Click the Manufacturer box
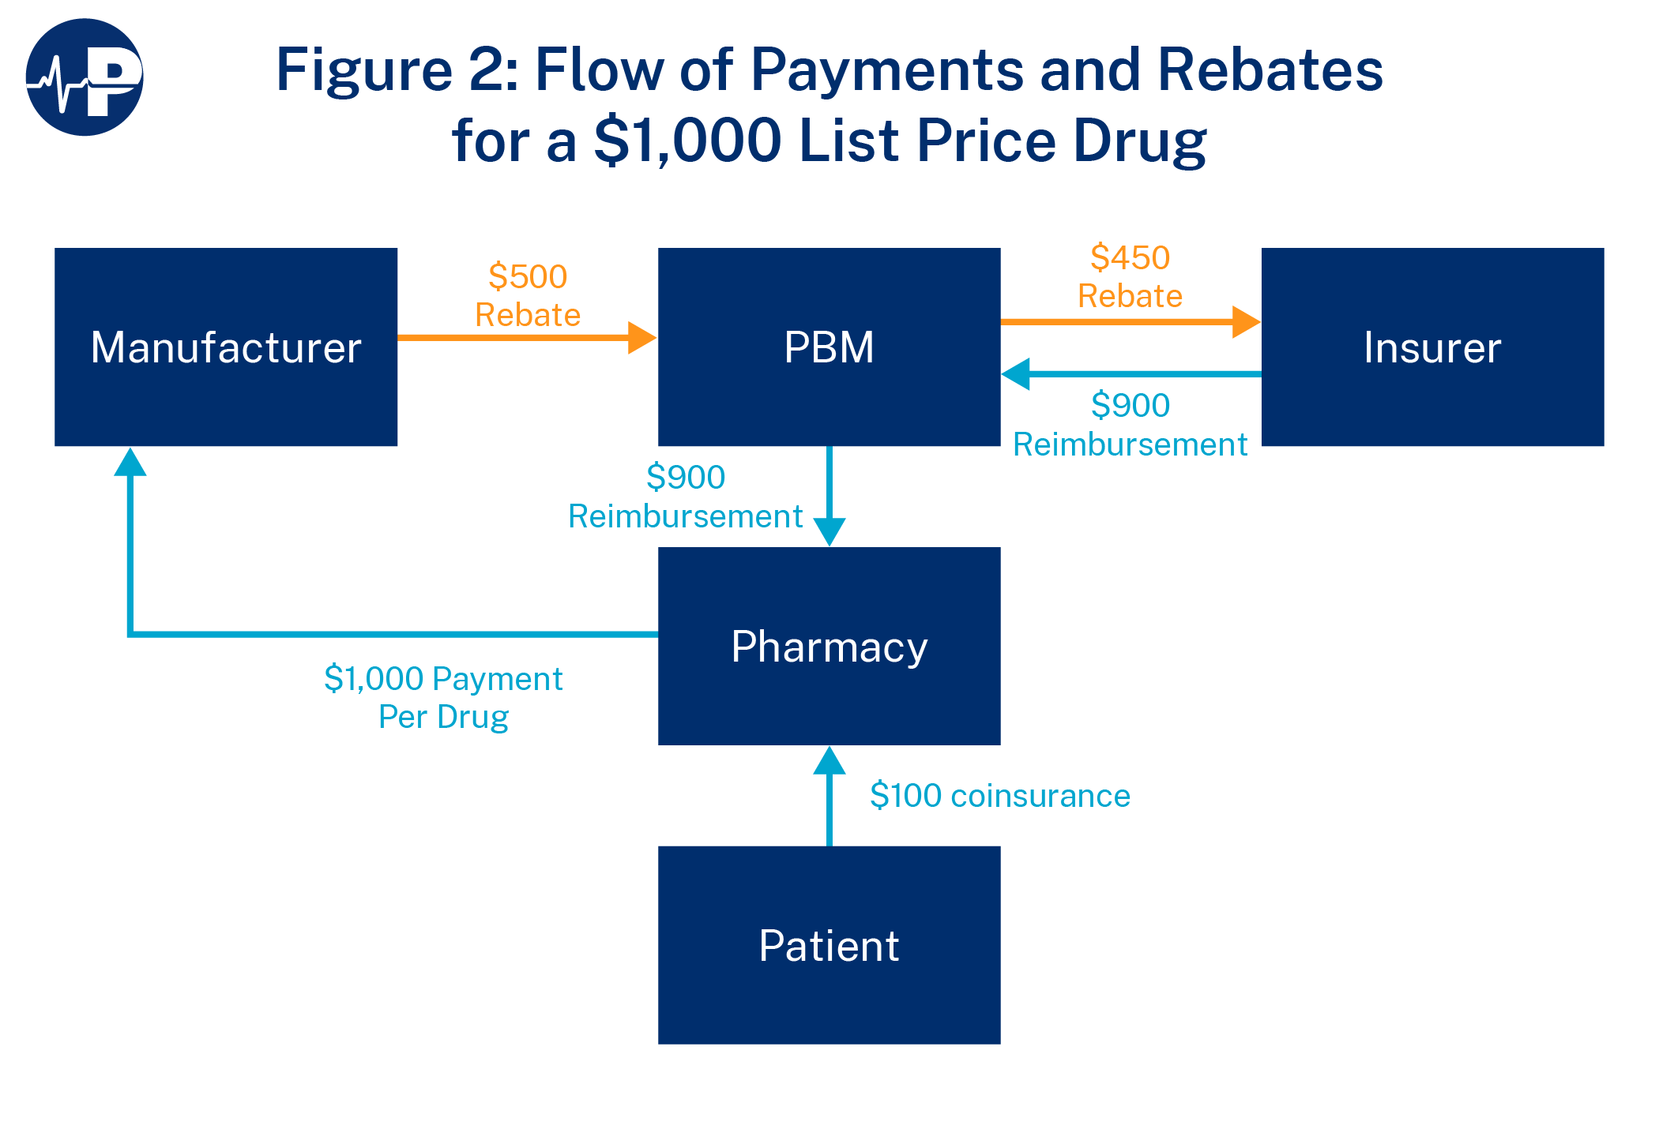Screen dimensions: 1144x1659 226,347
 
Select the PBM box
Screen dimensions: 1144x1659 829,347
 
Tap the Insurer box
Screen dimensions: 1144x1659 1432,347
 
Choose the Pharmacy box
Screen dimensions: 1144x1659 829,646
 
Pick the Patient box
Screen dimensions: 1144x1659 829,945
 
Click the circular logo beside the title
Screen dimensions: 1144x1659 85,77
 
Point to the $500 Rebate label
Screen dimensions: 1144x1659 528,295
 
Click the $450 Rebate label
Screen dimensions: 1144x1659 1130,276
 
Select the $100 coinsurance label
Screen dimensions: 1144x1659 999,795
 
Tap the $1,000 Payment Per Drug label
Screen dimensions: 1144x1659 443,697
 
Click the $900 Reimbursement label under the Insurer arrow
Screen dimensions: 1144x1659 1130,425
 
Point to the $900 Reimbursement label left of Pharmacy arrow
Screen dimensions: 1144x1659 686,497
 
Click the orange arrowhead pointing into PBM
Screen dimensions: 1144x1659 641,338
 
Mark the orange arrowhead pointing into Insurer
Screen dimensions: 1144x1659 1246,322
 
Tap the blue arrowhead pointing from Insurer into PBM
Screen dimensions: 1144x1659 1016,374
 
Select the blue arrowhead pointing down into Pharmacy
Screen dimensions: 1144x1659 829,531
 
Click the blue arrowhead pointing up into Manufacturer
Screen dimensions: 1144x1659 130,463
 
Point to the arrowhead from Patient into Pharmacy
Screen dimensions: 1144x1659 829,761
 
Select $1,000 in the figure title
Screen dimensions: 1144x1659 687,141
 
